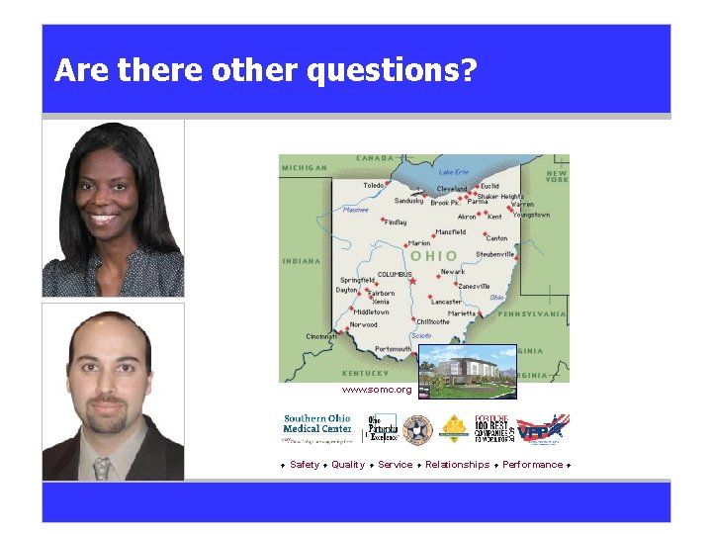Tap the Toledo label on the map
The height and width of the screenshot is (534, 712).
(374, 185)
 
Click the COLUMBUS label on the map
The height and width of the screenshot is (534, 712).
(395, 274)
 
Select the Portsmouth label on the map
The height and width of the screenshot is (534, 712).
(394, 349)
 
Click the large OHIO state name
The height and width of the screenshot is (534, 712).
(434, 255)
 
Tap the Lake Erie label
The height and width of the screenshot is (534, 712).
(454, 171)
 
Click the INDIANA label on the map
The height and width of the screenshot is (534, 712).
(301, 261)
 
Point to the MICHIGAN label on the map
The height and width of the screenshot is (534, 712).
(305, 168)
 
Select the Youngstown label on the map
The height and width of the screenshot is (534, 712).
(531, 215)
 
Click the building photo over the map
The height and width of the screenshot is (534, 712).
(467, 371)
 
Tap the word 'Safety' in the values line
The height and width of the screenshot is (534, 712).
(305, 465)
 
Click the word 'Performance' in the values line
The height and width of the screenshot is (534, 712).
(532, 465)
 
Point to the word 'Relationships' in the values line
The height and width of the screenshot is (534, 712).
(457, 465)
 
